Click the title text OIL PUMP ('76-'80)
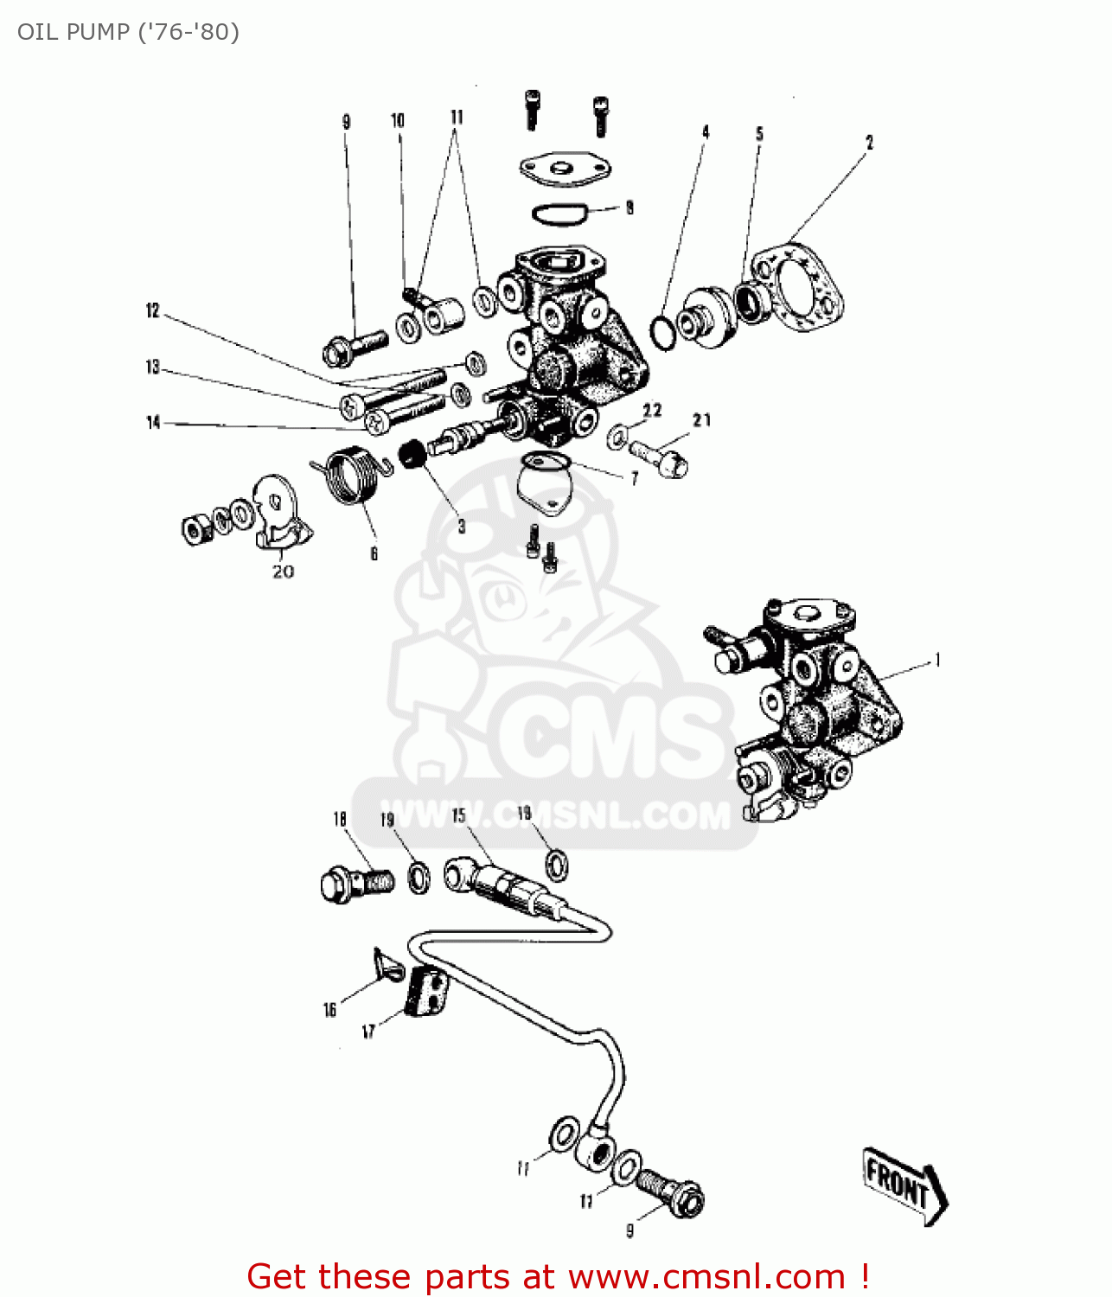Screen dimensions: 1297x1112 click(x=128, y=32)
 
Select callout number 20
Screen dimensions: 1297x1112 click(x=283, y=572)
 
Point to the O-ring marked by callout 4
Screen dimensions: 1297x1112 click(x=662, y=333)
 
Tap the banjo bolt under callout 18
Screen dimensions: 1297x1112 click(x=355, y=884)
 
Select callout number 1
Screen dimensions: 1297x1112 click(x=937, y=661)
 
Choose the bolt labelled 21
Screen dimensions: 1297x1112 click(x=661, y=456)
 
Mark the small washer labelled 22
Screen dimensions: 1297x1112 click(x=617, y=437)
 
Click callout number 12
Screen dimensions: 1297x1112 click(x=153, y=310)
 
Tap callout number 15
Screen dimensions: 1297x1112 click(x=458, y=816)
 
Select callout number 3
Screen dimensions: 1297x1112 click(x=462, y=526)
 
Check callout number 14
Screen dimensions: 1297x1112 click(x=153, y=422)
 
